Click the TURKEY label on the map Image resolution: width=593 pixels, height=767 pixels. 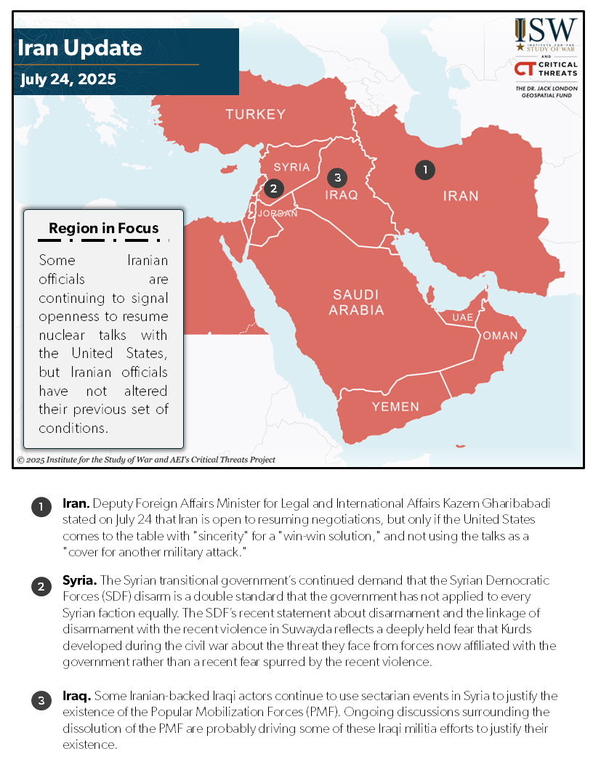coord(255,114)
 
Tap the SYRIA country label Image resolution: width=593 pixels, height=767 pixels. coord(291,167)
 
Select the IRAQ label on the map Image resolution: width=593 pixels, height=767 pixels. coord(342,195)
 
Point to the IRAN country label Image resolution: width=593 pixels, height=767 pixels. coord(461,195)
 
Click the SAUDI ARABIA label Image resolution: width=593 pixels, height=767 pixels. coord(356,302)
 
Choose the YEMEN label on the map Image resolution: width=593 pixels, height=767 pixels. coord(395,407)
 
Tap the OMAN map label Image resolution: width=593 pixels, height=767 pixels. coord(500,336)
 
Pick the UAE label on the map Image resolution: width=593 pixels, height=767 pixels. coord(462,318)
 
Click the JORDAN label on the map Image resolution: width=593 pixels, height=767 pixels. coord(278,214)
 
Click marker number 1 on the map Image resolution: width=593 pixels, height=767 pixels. coord(425,170)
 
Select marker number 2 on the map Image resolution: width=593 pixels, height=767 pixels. coord(273,189)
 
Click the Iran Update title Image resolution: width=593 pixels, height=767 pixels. coord(80,49)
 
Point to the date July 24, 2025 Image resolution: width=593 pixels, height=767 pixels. coord(68,79)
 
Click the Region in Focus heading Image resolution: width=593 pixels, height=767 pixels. coord(103,228)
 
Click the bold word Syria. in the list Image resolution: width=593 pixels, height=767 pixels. coord(79,581)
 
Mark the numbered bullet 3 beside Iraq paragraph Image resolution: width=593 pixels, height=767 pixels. coord(41,701)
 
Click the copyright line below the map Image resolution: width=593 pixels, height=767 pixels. coord(146,460)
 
